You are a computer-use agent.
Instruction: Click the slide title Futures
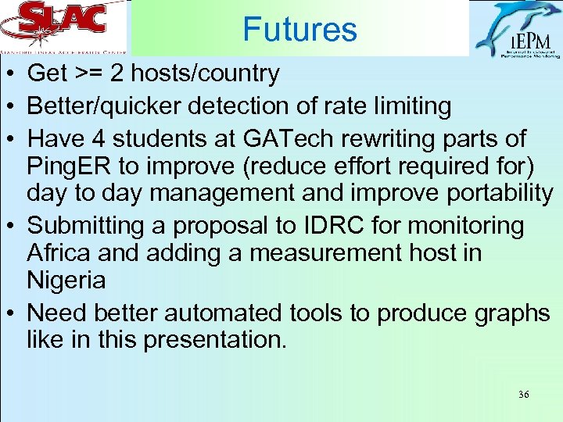coord(299,30)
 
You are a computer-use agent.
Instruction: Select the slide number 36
coord(523,395)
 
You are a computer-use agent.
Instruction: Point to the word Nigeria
coord(66,280)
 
